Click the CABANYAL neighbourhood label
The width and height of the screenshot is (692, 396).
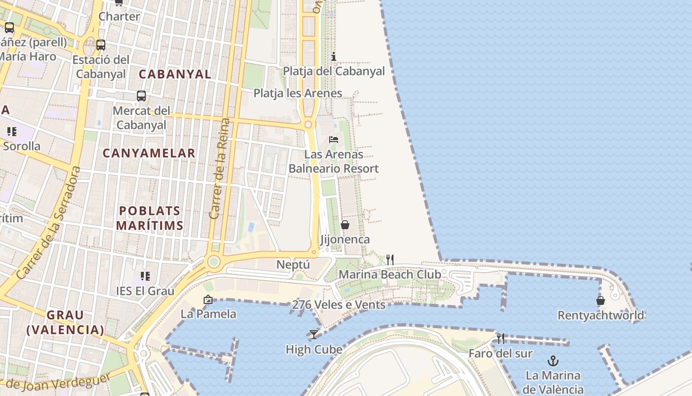(175, 74)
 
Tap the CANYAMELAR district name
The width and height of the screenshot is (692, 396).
(149, 153)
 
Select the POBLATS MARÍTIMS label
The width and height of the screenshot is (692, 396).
(149, 218)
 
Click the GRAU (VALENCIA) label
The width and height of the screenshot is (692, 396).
(65, 322)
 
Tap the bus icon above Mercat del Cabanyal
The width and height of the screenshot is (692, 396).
(141, 96)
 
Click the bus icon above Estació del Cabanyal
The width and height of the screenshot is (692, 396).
(101, 45)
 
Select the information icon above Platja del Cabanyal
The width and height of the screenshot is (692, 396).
(334, 56)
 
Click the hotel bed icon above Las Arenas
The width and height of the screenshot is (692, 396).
(334, 140)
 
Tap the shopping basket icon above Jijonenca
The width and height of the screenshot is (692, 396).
(345, 225)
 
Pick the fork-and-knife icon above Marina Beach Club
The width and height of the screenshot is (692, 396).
(390, 259)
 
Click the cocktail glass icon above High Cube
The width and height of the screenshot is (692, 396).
(314, 335)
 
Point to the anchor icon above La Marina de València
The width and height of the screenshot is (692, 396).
(553, 361)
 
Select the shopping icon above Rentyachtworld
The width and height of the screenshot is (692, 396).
(601, 300)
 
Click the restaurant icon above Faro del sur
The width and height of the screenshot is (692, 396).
(501, 339)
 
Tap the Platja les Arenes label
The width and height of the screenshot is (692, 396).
(298, 93)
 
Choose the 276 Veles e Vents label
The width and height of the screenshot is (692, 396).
(339, 305)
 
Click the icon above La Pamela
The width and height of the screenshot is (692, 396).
(208, 299)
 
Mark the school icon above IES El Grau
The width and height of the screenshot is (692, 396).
(145, 276)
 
